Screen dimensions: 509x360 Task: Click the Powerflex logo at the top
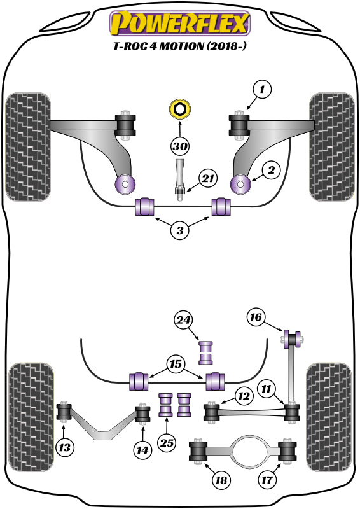point(180,24)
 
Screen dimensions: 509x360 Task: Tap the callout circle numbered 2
point(270,170)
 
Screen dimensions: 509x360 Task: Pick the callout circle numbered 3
point(180,231)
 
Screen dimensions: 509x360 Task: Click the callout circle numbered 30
point(180,146)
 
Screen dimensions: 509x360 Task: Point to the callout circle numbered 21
point(208,179)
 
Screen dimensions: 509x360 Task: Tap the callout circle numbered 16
point(255,317)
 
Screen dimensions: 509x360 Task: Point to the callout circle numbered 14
point(143,450)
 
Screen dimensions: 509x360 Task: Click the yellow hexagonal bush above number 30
point(180,109)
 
